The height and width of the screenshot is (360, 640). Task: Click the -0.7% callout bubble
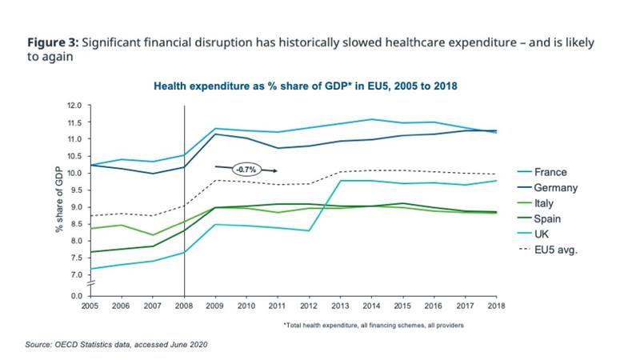[x=245, y=170]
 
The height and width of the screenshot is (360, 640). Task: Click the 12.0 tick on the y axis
[x=74, y=106]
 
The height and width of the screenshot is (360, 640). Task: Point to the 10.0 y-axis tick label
[x=74, y=173]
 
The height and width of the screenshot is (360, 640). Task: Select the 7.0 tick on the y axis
[x=75, y=274]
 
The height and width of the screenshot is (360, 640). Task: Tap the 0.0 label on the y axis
[x=75, y=296]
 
